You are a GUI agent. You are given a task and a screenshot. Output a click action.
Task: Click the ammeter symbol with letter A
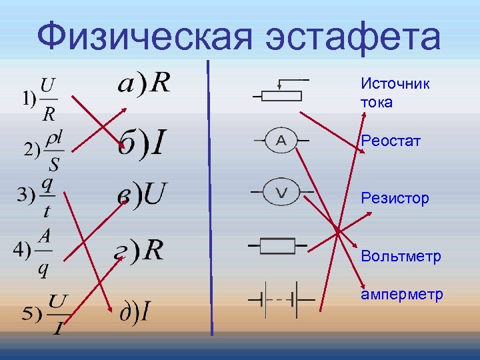[x=281, y=141]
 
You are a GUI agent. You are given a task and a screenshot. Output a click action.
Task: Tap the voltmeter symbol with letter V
[x=281, y=193]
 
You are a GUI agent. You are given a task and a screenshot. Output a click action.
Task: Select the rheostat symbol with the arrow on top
[x=281, y=92]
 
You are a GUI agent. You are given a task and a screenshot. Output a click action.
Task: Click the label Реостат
[x=391, y=141]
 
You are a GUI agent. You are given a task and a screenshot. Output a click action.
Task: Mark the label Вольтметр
[x=401, y=257]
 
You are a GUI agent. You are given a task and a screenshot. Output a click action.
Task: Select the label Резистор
[x=395, y=198]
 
